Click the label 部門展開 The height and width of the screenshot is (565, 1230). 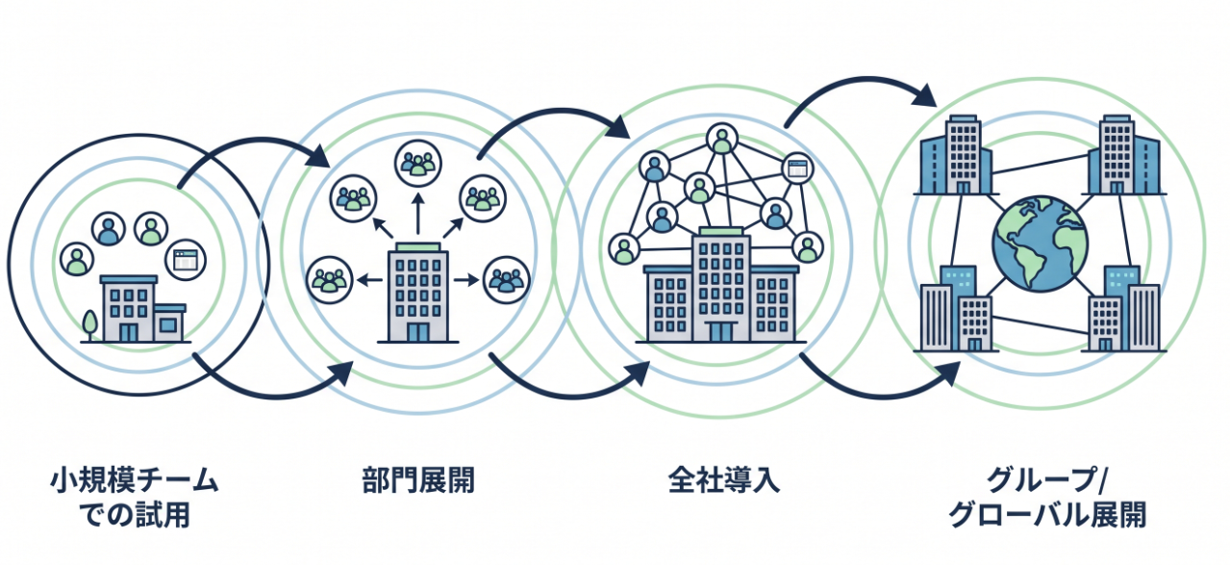[418, 480]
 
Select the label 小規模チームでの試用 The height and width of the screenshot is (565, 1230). [134, 498]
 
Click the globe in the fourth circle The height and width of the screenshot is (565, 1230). [1040, 243]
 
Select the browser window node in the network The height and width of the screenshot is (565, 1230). [797, 168]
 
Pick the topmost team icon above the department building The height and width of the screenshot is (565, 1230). [417, 162]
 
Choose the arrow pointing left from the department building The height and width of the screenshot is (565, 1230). [367, 281]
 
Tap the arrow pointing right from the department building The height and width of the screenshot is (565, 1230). [467, 281]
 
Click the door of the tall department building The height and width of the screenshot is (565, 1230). [417, 331]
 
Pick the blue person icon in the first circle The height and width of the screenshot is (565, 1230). [109, 229]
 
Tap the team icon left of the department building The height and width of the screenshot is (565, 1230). [328, 281]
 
